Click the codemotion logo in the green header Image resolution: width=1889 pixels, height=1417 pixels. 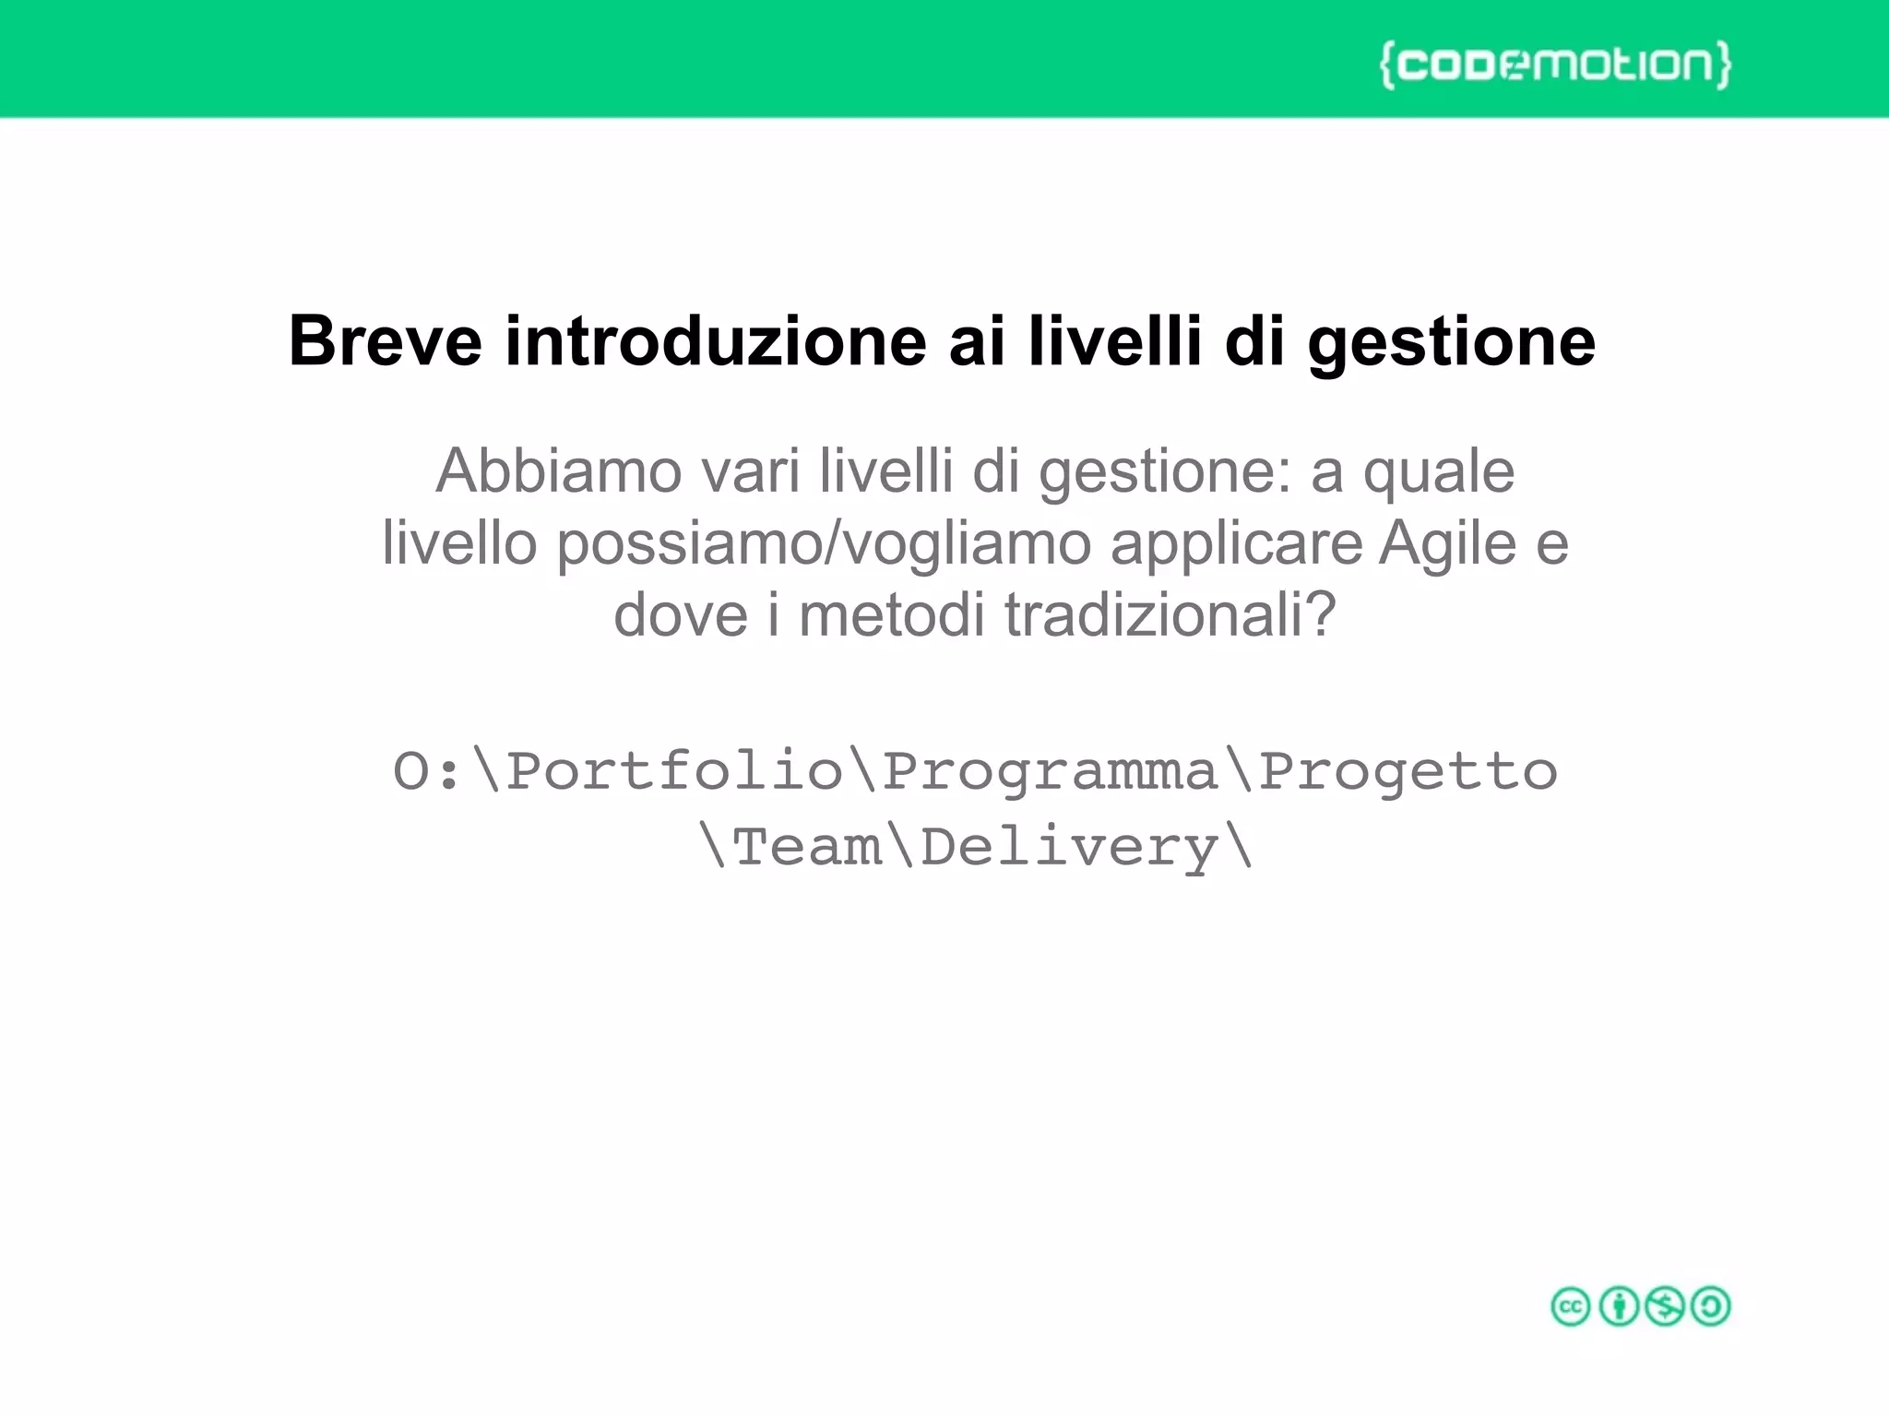[1555, 64]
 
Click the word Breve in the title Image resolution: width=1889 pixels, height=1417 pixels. [385, 341]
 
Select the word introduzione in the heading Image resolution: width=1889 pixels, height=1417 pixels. [715, 341]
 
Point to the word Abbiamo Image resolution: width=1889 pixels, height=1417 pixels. [559, 471]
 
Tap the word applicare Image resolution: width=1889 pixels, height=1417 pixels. [1236, 544]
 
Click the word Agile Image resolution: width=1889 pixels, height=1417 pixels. [1448, 544]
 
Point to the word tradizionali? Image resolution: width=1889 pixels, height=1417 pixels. [1170, 615]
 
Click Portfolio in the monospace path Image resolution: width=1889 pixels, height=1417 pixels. [674, 771]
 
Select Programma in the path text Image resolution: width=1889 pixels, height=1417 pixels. [1050, 773]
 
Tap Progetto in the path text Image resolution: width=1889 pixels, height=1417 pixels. [1408, 771]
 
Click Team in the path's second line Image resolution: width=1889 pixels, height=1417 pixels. [807, 847]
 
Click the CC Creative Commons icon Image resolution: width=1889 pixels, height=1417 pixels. [1571, 1306]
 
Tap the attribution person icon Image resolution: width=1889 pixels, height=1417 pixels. [1618, 1306]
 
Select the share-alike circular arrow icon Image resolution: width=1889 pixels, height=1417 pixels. [1711, 1306]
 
